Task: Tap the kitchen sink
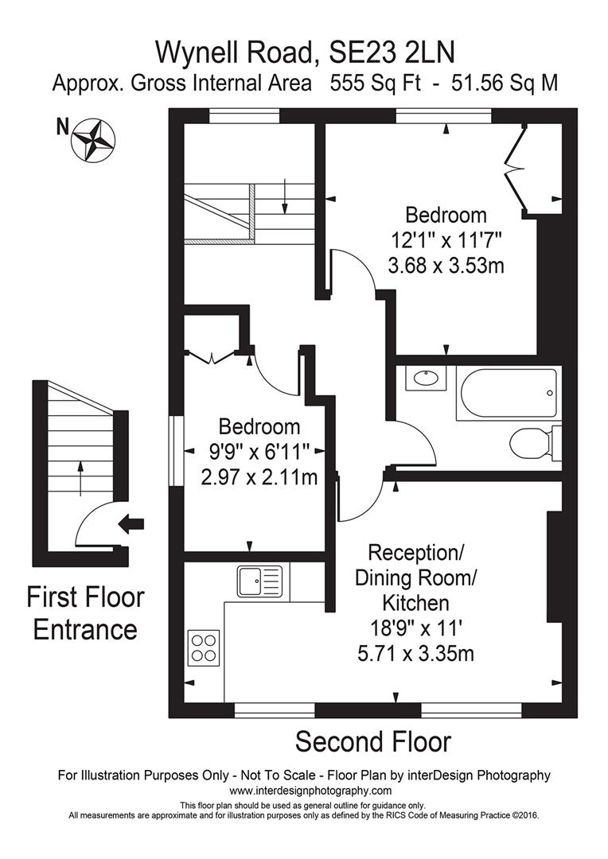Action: (x=259, y=581)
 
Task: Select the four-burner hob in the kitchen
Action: (x=203, y=646)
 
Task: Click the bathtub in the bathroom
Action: (x=508, y=393)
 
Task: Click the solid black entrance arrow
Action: (x=130, y=523)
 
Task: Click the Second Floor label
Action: (x=372, y=742)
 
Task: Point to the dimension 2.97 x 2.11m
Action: (x=259, y=477)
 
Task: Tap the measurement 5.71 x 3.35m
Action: (x=417, y=654)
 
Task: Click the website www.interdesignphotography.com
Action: (x=310, y=791)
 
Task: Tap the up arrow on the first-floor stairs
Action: (x=79, y=476)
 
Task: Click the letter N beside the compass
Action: (x=61, y=126)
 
